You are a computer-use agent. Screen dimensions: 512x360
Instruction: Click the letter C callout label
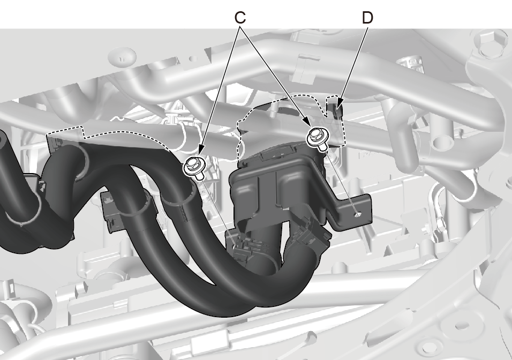click(240, 18)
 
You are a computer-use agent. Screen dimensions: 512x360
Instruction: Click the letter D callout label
click(368, 18)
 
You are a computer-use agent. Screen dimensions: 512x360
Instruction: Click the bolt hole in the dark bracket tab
click(358, 214)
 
